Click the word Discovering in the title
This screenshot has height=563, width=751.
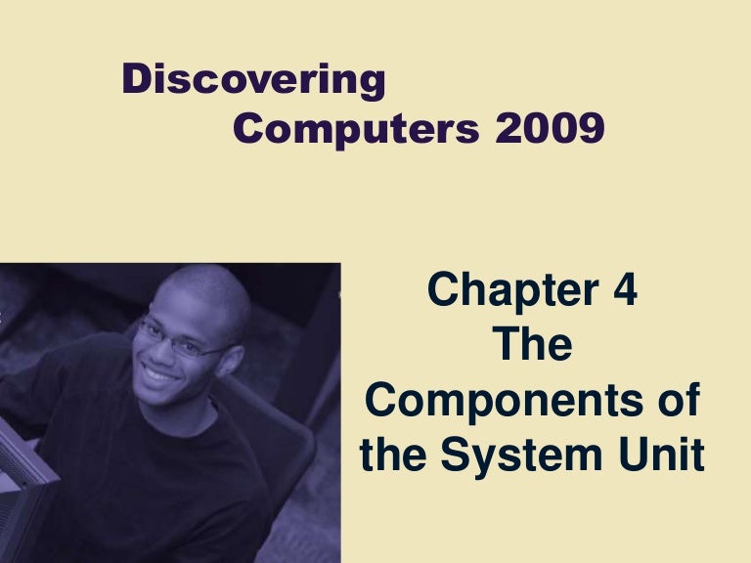tap(253, 80)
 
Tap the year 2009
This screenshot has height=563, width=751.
tap(550, 128)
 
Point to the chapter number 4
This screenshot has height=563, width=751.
tap(624, 291)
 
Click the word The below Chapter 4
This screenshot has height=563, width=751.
tap(534, 346)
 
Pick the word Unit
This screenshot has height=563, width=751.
tap(664, 456)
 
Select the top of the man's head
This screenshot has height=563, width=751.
tap(200, 277)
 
